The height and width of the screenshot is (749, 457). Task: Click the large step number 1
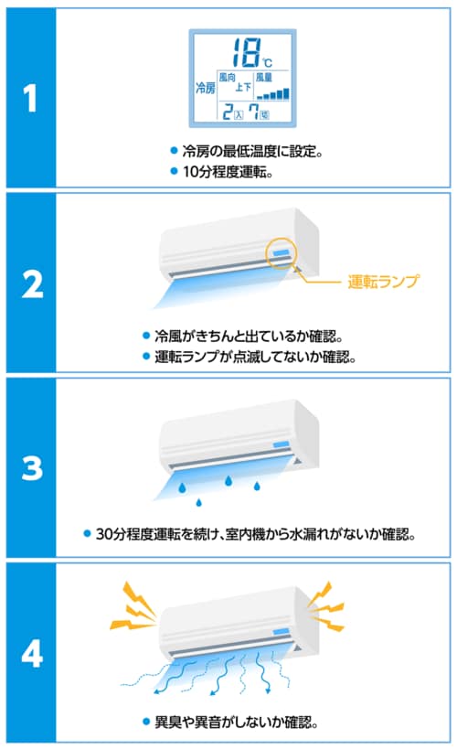click(x=30, y=99)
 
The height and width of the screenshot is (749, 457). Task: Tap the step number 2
click(x=32, y=284)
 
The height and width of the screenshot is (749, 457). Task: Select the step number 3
click(x=32, y=468)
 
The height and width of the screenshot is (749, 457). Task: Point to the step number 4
click(x=32, y=654)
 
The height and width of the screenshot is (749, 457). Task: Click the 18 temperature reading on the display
click(x=248, y=52)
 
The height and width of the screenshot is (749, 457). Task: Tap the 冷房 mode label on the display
click(x=206, y=88)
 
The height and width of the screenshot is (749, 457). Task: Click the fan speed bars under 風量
click(x=272, y=93)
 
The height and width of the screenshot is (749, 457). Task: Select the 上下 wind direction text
click(x=243, y=88)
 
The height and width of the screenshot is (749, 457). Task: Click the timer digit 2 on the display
click(x=228, y=112)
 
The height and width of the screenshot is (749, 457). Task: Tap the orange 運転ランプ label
click(x=384, y=282)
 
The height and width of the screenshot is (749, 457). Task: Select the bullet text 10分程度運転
click(x=228, y=172)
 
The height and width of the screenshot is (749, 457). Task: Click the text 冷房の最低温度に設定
click(x=252, y=152)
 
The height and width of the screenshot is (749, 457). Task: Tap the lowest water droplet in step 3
click(x=198, y=501)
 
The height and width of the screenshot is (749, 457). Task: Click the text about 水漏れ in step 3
click(x=256, y=533)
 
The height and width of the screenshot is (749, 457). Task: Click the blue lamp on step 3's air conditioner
click(x=281, y=444)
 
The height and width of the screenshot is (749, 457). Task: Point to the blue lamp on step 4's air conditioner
click(x=281, y=632)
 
